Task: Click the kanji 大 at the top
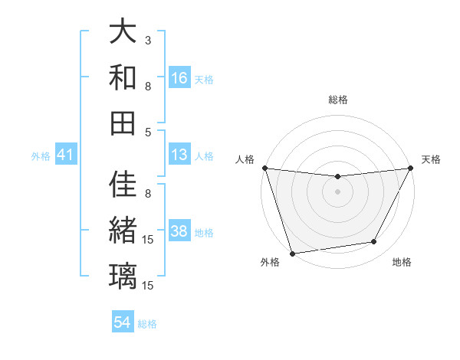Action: click(x=123, y=32)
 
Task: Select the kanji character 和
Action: click(x=123, y=77)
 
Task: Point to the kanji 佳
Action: click(x=123, y=185)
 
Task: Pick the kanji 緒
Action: click(x=123, y=230)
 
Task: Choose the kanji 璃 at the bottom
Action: click(x=123, y=275)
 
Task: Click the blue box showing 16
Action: click(x=179, y=78)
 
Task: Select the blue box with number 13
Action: click(x=179, y=155)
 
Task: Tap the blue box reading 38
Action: click(x=179, y=232)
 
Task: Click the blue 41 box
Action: click(x=66, y=155)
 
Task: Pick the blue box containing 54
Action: click(x=123, y=322)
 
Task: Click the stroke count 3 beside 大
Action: click(x=148, y=40)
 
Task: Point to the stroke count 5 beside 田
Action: click(x=148, y=132)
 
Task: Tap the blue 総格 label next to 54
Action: click(x=148, y=324)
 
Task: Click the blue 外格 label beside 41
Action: click(x=41, y=156)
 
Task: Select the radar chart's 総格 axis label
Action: click(x=337, y=100)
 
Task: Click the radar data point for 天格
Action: click(x=411, y=169)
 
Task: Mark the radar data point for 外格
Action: click(x=292, y=254)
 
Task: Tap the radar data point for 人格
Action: click(x=264, y=168)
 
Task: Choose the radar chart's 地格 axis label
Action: click(x=402, y=262)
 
